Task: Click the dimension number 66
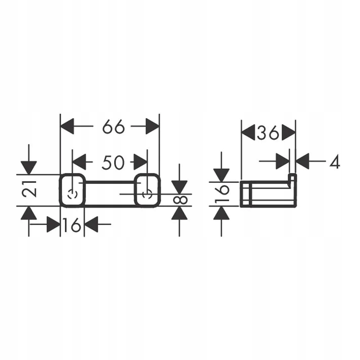(x=113, y=126)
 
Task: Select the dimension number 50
(x=113, y=163)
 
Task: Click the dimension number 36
(x=268, y=133)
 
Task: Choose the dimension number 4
(x=335, y=162)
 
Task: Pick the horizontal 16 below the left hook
(x=72, y=225)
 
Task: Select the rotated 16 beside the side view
(x=222, y=194)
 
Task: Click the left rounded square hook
(x=72, y=190)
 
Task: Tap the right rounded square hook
(x=147, y=190)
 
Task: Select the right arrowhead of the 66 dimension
(x=152, y=126)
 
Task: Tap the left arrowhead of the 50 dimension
(x=79, y=162)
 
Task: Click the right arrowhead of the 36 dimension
(x=289, y=132)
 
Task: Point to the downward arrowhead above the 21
(x=29, y=168)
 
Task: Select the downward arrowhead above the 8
(x=180, y=187)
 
